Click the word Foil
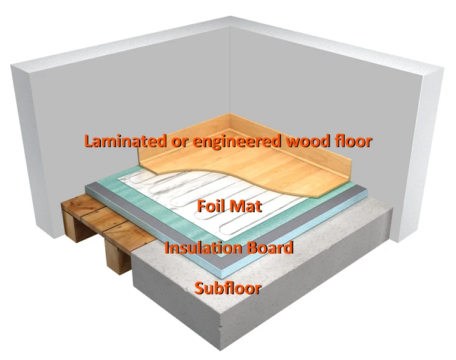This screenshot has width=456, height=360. coord(210,206)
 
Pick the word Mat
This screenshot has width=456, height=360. coord(246,206)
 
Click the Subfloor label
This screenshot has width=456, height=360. coord(228,287)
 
